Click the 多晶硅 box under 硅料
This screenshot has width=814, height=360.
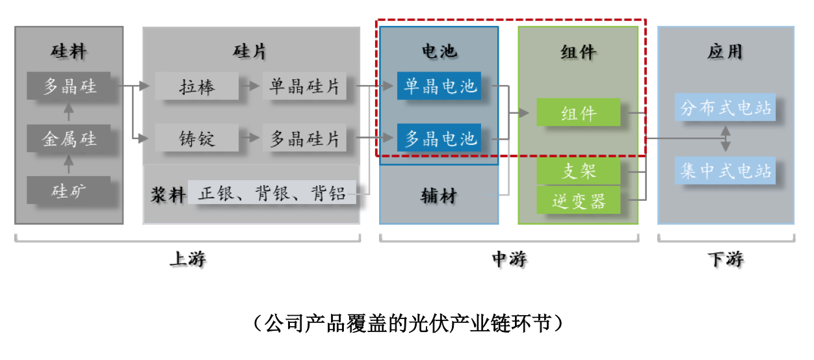pyautogui.click(x=69, y=86)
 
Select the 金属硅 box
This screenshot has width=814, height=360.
pyautogui.click(x=69, y=138)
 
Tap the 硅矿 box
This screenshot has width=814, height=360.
pyautogui.click(x=69, y=190)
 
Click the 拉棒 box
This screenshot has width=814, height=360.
pyautogui.click(x=198, y=86)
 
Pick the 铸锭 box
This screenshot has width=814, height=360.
pyautogui.click(x=198, y=138)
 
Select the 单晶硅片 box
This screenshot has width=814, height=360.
pyautogui.click(x=304, y=86)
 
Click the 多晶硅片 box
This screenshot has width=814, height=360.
pyautogui.click(x=304, y=138)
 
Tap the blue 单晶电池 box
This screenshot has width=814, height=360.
pyautogui.click(x=440, y=86)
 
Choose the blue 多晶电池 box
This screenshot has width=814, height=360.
pyautogui.click(x=440, y=138)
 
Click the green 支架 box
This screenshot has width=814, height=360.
pyautogui.click(x=579, y=172)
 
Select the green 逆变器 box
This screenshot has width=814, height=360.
pyautogui.click(x=579, y=201)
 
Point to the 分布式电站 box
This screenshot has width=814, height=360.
pyautogui.click(x=726, y=109)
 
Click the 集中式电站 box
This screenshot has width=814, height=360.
pyautogui.click(x=726, y=171)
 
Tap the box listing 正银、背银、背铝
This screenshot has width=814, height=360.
pyautogui.click(x=272, y=193)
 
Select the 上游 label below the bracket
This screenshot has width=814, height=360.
pyautogui.click(x=187, y=260)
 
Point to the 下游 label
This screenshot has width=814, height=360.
pyautogui.click(x=725, y=260)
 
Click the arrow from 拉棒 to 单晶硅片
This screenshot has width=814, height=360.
pyautogui.click(x=250, y=86)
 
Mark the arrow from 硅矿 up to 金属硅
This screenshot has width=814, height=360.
pyautogui.click(x=69, y=164)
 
